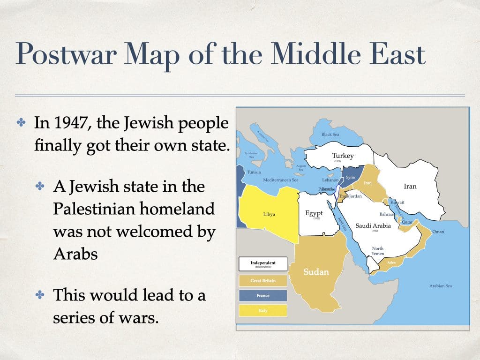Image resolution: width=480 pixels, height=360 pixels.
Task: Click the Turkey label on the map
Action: click(x=343, y=156)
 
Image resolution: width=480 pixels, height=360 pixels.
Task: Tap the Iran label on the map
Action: click(x=410, y=186)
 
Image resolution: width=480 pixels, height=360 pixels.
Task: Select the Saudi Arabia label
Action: click(x=373, y=225)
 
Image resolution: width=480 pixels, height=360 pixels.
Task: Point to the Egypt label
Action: click(x=314, y=213)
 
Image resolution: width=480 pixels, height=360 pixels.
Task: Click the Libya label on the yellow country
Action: click(x=269, y=214)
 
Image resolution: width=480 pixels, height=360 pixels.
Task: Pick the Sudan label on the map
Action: click(x=316, y=271)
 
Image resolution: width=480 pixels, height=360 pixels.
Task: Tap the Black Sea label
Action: click(x=330, y=135)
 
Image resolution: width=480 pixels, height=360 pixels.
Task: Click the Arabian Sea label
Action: click(x=441, y=285)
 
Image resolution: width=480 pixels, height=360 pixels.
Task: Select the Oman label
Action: click(x=438, y=232)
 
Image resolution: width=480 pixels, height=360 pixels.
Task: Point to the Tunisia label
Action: click(x=254, y=172)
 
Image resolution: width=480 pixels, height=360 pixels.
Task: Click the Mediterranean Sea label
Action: click(x=280, y=180)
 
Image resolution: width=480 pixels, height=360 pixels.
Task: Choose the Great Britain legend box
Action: click(x=262, y=281)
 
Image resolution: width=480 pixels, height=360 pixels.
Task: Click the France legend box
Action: click(x=262, y=296)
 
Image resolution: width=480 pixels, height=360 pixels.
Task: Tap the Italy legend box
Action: click(x=262, y=311)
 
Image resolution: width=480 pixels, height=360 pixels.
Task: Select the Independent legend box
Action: click(x=262, y=264)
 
